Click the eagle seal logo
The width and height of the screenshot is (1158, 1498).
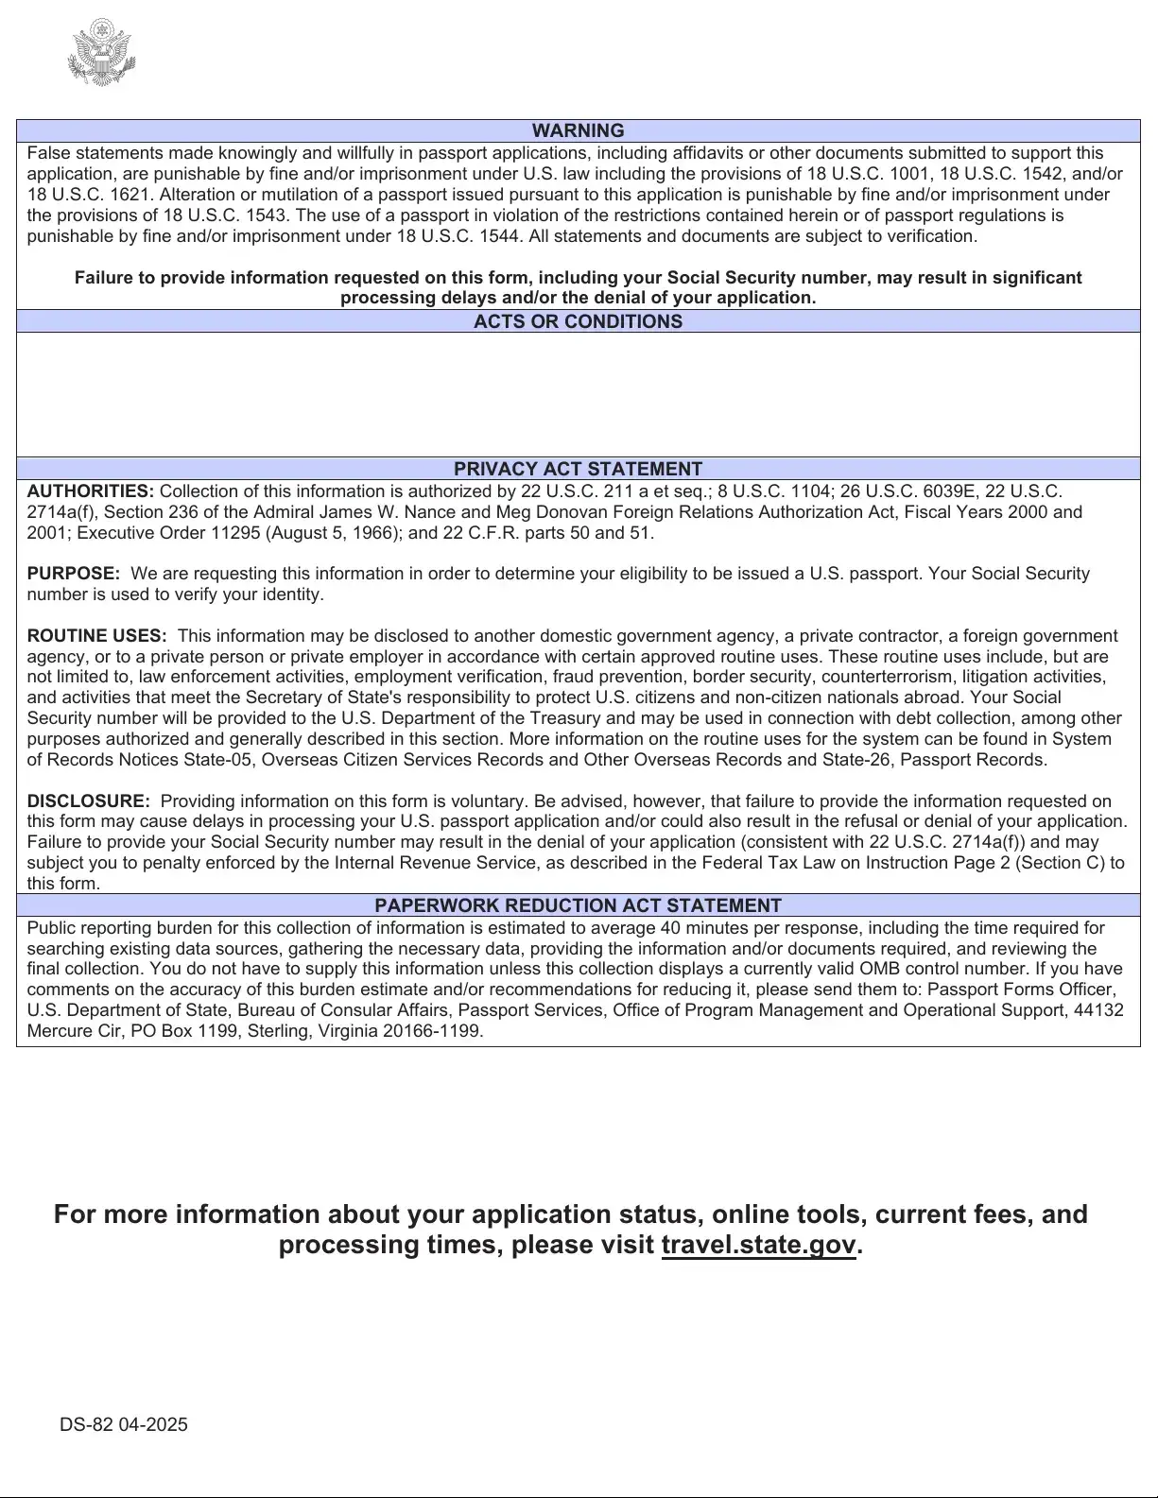(102, 53)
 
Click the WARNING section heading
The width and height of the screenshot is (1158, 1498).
(578, 130)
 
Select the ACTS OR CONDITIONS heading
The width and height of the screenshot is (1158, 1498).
(578, 321)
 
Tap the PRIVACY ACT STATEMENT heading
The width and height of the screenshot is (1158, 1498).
(578, 469)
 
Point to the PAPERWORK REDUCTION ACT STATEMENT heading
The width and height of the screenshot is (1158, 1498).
(578, 905)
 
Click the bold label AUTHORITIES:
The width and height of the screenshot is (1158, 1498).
(91, 491)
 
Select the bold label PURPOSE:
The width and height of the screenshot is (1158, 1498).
(74, 574)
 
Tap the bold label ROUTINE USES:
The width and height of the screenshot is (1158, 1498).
(96, 636)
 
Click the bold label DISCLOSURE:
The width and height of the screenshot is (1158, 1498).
(88, 801)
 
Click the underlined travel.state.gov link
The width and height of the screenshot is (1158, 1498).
(758, 1245)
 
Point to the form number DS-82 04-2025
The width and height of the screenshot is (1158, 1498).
(124, 1424)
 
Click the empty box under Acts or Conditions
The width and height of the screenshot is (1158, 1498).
(578, 394)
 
